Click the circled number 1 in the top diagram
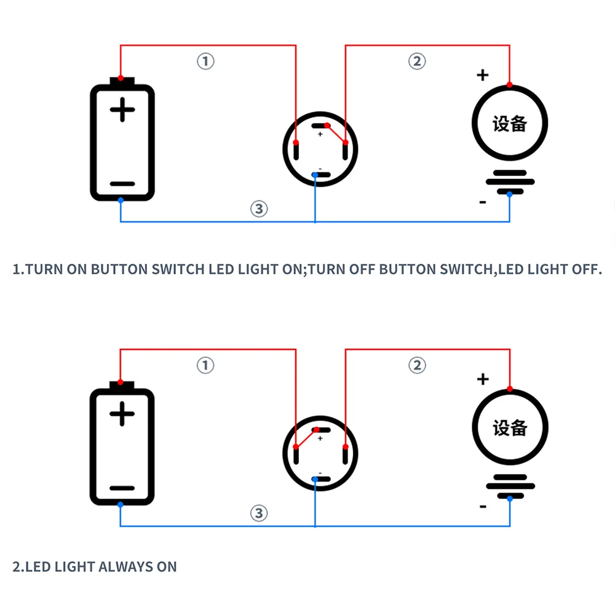pos(205,61)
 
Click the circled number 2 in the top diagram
pos(417,61)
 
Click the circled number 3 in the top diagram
pos(259,208)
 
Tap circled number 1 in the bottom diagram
pos(205,365)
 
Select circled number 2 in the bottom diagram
pos(417,365)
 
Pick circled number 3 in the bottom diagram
pos(259,513)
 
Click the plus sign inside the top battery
pos(122,111)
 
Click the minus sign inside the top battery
pos(122,183)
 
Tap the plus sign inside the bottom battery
pos(122,415)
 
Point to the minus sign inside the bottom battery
pos(122,488)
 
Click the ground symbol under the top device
pos(510,182)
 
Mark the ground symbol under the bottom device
pos(510,486)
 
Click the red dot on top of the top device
pos(510,84)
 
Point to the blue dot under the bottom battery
pos(121,504)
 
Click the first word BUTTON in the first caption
pos(120,269)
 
